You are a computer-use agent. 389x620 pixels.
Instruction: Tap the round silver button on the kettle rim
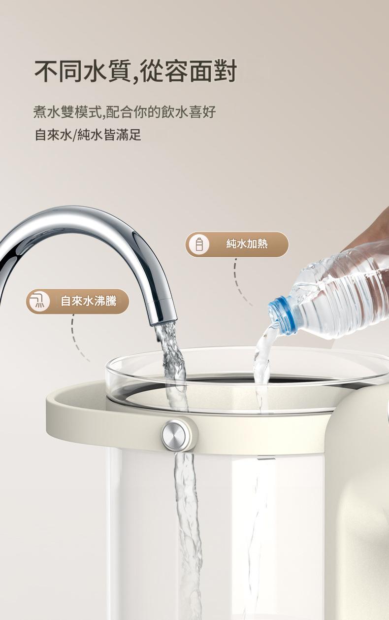coord(176,433)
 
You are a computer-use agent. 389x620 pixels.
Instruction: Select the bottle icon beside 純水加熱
coord(198,244)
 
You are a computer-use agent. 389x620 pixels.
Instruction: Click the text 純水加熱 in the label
coord(247,244)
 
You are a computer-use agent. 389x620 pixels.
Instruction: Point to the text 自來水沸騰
coord(88,301)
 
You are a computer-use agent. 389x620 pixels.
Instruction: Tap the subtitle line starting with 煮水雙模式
coord(125,112)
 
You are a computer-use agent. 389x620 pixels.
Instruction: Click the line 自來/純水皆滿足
coord(88,135)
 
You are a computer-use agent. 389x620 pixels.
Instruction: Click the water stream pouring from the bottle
coord(261,355)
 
